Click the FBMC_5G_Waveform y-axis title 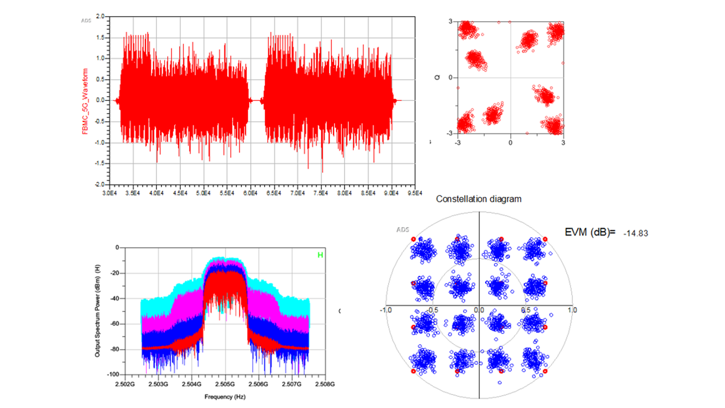point(85,101)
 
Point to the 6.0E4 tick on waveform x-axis point(250,193)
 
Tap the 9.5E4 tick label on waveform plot point(415,193)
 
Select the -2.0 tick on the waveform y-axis point(99,185)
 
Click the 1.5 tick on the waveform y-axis point(100,38)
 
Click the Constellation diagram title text point(478,199)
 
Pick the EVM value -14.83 point(635,233)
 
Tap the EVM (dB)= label point(590,233)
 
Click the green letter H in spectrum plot point(320,255)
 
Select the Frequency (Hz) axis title point(225,397)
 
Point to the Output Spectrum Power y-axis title point(97,311)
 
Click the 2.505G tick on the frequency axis point(225,384)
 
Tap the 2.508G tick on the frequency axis point(325,384)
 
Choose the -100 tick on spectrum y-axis point(113,374)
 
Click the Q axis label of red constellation point(437,78)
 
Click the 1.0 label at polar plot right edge point(572,310)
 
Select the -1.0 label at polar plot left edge point(386,310)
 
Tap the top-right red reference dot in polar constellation point(545,239)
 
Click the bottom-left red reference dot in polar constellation point(413,371)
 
